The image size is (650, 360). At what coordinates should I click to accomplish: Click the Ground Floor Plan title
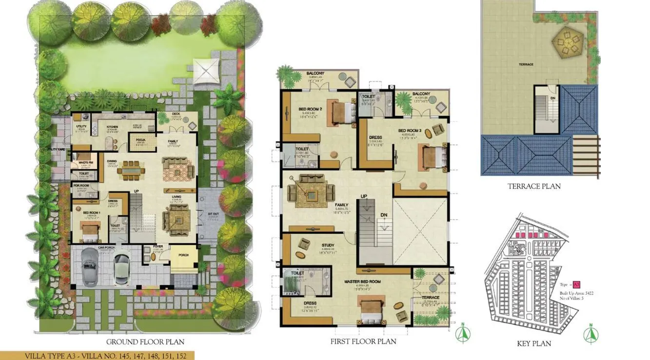(145, 342)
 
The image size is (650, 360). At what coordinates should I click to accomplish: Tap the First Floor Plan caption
(363, 341)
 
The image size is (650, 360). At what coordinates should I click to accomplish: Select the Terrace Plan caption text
(534, 186)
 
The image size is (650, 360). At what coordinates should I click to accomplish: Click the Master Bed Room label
(362, 282)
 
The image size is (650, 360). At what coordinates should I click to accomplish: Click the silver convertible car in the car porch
(90, 267)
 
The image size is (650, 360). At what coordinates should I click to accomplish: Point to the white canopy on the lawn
(206, 71)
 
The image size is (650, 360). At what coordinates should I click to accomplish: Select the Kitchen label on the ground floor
(113, 126)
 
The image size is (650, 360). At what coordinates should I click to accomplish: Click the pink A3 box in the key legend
(576, 284)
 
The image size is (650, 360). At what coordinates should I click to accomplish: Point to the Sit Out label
(213, 214)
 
